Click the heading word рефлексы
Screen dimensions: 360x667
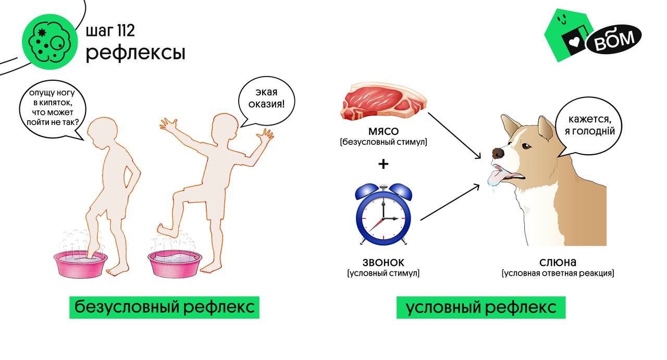tap(135, 53)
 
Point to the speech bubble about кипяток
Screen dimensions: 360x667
tap(51, 107)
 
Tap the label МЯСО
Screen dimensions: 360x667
tap(383, 131)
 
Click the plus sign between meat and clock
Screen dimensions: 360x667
tap(383, 164)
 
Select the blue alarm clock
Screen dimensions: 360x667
tap(383, 214)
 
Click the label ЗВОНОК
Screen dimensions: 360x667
tap(383, 263)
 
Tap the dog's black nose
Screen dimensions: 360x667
tap(498, 153)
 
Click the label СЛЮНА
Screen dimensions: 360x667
tap(558, 263)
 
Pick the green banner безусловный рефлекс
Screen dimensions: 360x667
tap(164, 307)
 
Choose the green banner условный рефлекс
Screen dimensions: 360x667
tap(480, 307)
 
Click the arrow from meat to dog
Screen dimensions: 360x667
tap(453, 134)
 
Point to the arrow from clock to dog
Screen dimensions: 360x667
tap(449, 202)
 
